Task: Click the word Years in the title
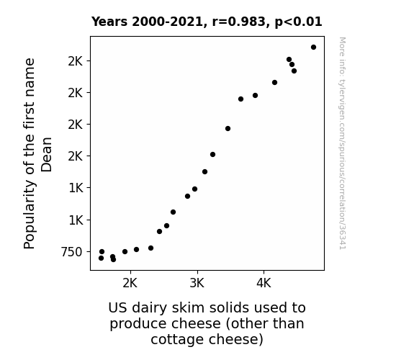(x=109, y=22)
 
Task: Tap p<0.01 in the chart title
(x=298, y=22)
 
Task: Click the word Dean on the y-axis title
(x=47, y=155)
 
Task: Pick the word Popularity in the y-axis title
(x=30, y=215)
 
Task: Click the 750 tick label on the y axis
(x=72, y=252)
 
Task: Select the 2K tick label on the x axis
(x=130, y=283)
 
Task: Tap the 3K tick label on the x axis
(x=197, y=283)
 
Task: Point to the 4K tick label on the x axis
(x=264, y=283)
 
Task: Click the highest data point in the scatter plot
(x=313, y=48)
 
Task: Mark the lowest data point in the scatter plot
(x=113, y=260)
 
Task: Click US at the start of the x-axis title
(x=118, y=308)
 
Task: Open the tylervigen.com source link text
(x=343, y=143)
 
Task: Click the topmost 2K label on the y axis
(x=76, y=61)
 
